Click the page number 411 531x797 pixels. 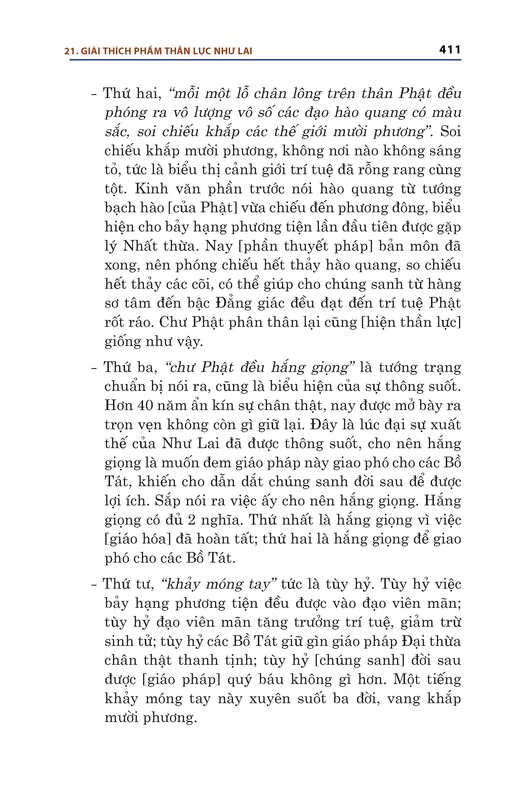coord(450,50)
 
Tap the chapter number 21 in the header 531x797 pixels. coord(69,51)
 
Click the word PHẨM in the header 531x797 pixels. coord(147,51)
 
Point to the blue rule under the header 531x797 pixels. coord(265,60)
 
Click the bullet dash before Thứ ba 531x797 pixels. coord(94,368)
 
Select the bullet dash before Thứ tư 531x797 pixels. coord(94,584)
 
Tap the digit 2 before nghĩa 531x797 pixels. coord(191,520)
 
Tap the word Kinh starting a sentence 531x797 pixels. coord(151,189)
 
